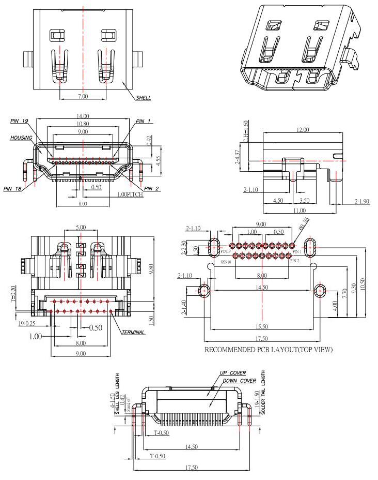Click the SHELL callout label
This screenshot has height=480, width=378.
pyautogui.click(x=144, y=98)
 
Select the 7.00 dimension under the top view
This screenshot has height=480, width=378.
pyautogui.click(x=83, y=96)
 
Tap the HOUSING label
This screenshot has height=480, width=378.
pyautogui.click(x=21, y=138)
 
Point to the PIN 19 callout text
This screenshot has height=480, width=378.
pyautogui.click(x=19, y=121)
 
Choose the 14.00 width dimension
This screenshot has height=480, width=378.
pyautogui.click(x=83, y=116)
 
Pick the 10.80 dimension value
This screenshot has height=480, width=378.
pyautogui.click(x=83, y=124)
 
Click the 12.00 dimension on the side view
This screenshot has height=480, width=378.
pyautogui.click(x=302, y=130)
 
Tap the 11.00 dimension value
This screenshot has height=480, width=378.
pyautogui.click(x=300, y=211)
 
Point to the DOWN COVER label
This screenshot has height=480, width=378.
pyautogui.click(x=239, y=381)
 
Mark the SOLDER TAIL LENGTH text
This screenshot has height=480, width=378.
pyautogui.click(x=263, y=393)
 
